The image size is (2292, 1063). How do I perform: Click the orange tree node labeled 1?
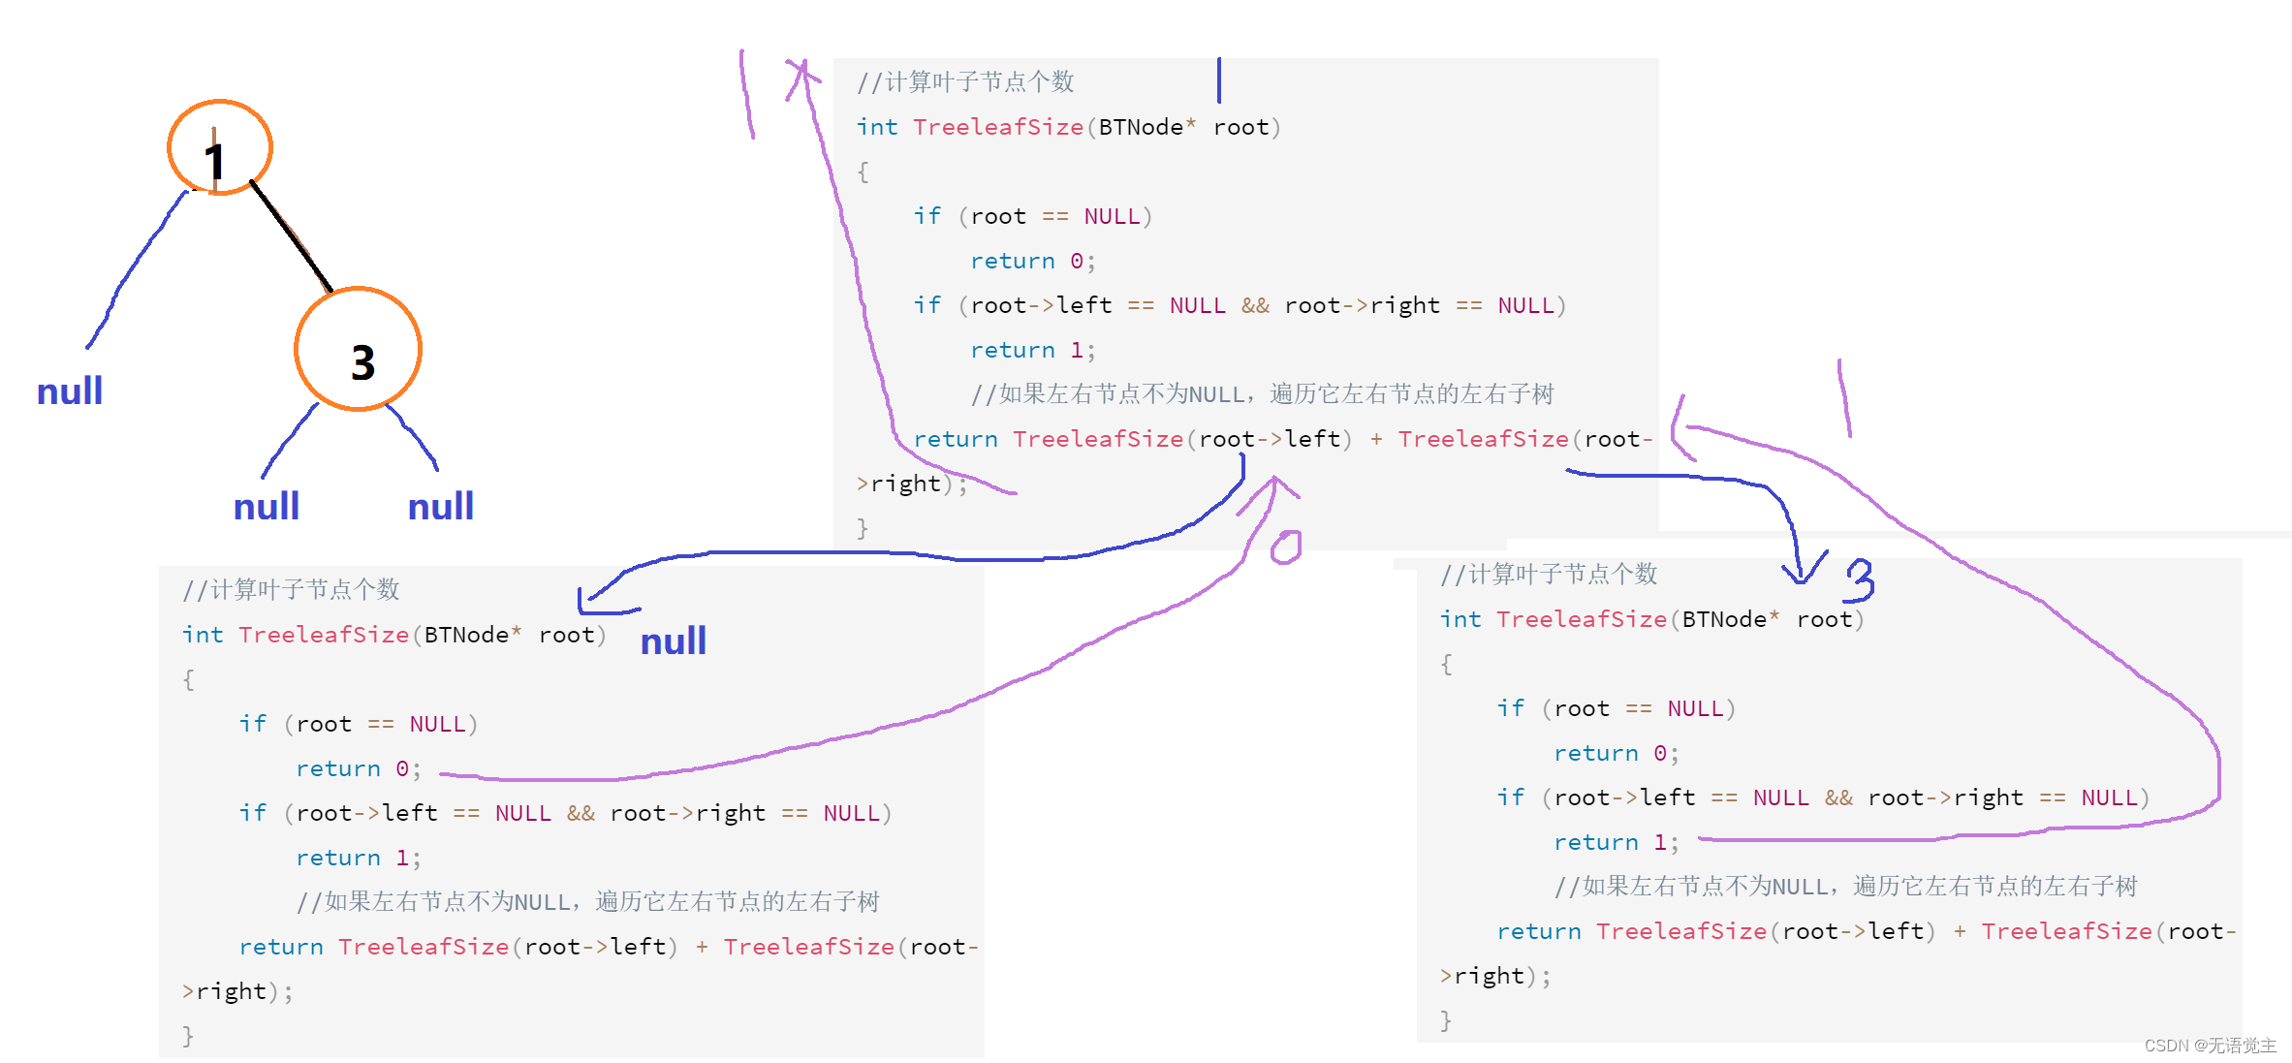tap(220, 148)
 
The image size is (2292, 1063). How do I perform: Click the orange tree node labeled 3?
tap(359, 350)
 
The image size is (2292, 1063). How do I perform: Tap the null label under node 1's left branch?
tap(70, 391)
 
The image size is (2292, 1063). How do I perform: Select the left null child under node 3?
tap(267, 507)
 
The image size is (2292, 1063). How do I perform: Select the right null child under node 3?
tap(441, 507)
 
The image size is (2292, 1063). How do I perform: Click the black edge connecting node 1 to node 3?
tap(291, 236)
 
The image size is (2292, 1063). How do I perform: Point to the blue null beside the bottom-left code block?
tap(674, 641)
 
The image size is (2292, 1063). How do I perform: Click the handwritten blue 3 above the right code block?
tap(1860, 580)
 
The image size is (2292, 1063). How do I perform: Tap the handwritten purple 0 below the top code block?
tap(1286, 547)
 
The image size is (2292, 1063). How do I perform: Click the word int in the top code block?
tap(877, 127)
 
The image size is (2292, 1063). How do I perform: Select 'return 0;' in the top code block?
tap(1032, 262)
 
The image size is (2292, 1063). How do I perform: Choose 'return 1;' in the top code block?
tap(1032, 351)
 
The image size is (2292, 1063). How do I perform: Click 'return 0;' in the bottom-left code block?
tap(358, 769)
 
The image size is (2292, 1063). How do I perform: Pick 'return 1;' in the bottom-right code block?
tap(1616, 843)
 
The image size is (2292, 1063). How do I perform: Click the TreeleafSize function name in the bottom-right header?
tap(1581, 620)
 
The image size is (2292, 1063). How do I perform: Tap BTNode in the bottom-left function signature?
tap(466, 636)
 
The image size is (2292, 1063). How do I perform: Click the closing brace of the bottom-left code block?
tap(188, 1036)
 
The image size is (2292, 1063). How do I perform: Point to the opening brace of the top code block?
tap(863, 172)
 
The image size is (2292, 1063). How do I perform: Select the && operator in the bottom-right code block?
tap(1838, 798)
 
